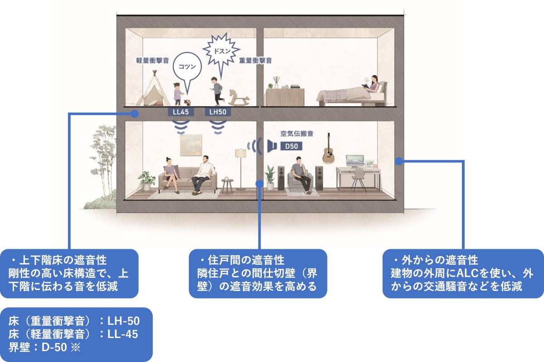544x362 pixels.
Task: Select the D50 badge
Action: (291, 146)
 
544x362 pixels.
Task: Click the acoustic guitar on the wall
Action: (329, 149)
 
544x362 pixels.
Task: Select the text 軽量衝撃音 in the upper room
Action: (153, 60)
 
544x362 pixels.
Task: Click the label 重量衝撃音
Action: (256, 60)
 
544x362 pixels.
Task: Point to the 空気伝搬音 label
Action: (297, 134)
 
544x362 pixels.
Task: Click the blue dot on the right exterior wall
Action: (399, 161)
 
